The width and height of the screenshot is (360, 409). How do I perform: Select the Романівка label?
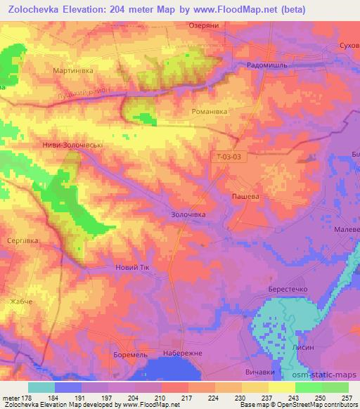point(208,111)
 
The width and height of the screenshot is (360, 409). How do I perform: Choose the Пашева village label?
point(246,197)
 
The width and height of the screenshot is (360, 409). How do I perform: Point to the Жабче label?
point(22,301)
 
